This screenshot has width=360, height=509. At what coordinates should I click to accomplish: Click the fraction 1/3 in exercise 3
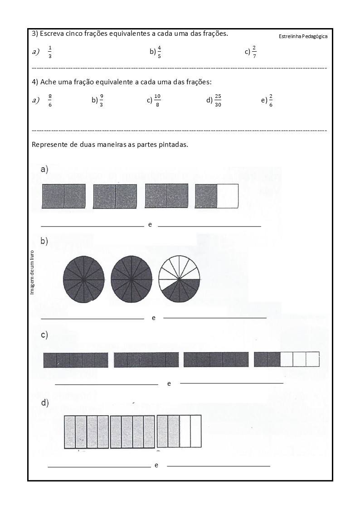click(x=50, y=52)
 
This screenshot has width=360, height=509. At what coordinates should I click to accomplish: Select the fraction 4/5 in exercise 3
click(x=159, y=52)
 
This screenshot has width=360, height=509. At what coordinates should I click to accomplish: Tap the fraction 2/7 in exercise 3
click(x=254, y=52)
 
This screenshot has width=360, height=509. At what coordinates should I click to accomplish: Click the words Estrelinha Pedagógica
click(x=303, y=36)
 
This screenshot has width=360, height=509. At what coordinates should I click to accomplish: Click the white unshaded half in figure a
click(x=228, y=196)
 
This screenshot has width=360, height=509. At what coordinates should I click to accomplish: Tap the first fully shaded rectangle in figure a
click(x=63, y=196)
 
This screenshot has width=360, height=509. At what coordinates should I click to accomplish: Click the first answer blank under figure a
click(x=92, y=225)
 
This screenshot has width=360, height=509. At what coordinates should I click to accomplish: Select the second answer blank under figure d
click(x=219, y=465)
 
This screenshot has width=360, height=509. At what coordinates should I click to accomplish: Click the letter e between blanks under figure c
click(x=169, y=383)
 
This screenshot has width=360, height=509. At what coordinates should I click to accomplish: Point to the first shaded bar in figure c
click(x=76, y=360)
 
